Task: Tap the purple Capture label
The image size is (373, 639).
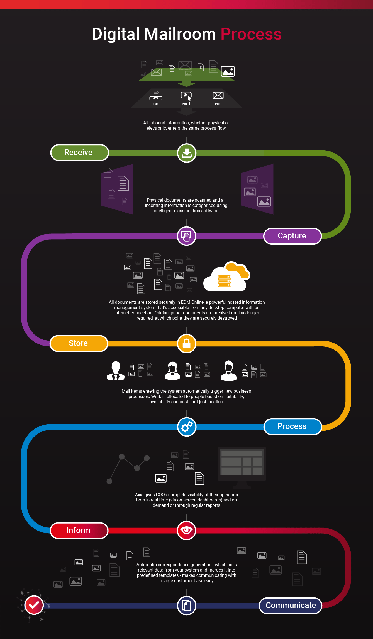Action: click(292, 236)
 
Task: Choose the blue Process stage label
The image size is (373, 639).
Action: click(292, 426)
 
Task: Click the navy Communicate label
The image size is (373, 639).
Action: click(291, 606)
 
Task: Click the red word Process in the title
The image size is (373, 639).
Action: click(251, 34)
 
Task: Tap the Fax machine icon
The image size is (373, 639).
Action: click(156, 95)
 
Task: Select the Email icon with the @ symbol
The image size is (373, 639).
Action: click(186, 96)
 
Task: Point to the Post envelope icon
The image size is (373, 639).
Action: click(218, 95)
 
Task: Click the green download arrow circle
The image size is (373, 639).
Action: click(187, 153)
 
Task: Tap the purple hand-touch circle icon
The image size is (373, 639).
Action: click(187, 236)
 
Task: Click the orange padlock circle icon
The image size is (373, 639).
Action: click(187, 343)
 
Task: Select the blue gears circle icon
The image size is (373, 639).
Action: click(187, 427)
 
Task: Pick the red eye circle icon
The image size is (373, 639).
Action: click(187, 530)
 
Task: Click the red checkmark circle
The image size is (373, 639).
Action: click(34, 605)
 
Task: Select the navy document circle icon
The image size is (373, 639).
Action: click(187, 606)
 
